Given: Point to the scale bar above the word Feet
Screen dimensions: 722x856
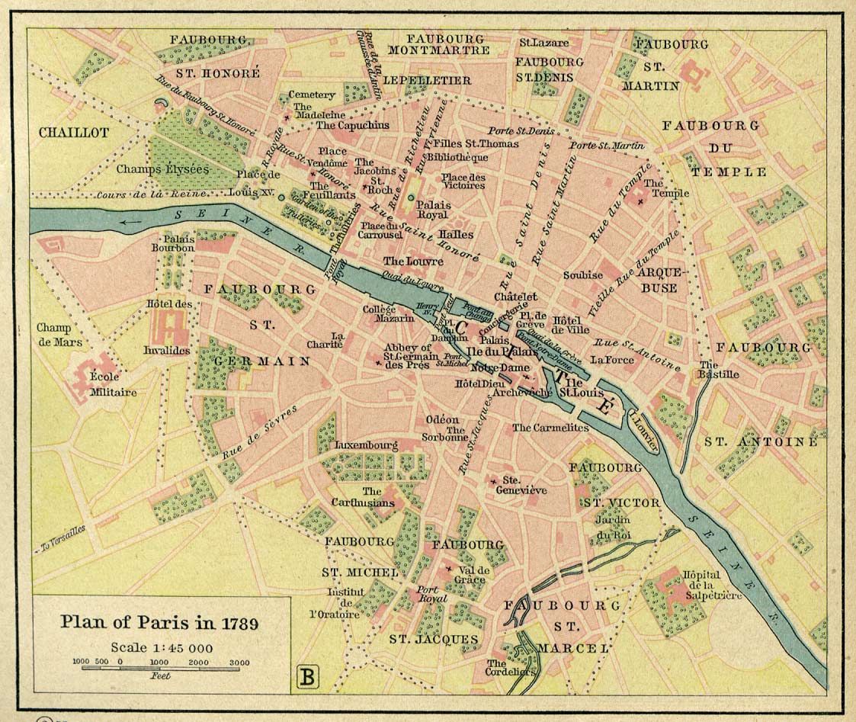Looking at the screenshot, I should point(160,668).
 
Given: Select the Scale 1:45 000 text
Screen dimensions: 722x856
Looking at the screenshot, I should point(161,647).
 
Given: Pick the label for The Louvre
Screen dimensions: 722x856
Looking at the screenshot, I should point(413,262).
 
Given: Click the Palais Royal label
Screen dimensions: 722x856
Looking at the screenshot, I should point(432,210).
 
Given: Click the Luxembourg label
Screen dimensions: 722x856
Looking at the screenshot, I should point(367,444).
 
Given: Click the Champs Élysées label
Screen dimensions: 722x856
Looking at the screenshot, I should point(163,169).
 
